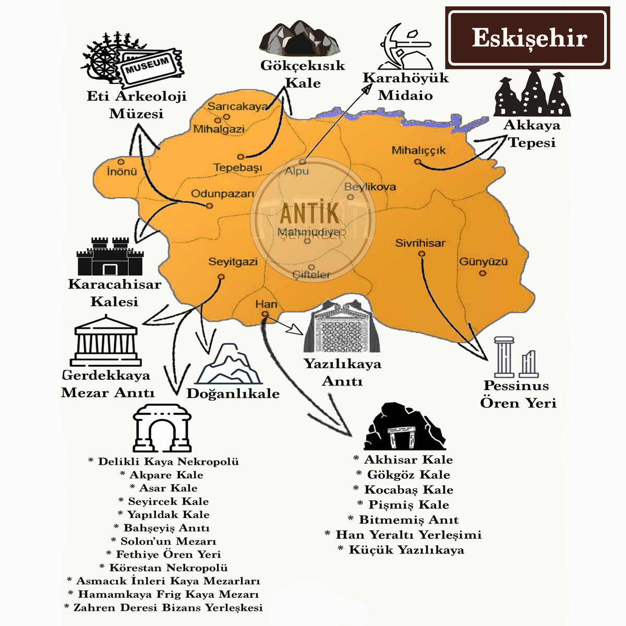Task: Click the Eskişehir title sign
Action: (527, 38)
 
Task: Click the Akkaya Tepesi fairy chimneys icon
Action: (532, 94)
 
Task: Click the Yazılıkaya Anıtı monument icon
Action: (340, 329)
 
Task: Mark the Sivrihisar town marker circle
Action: (422, 254)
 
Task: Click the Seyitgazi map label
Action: (233, 261)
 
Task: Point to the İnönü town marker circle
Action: (121, 162)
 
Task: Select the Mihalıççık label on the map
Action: (419, 150)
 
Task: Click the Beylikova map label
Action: (370, 187)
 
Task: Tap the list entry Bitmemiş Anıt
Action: (403, 520)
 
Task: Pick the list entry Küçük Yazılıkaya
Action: (400, 550)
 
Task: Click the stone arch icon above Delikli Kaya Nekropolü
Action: (162, 428)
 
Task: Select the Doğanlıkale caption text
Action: (233, 393)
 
